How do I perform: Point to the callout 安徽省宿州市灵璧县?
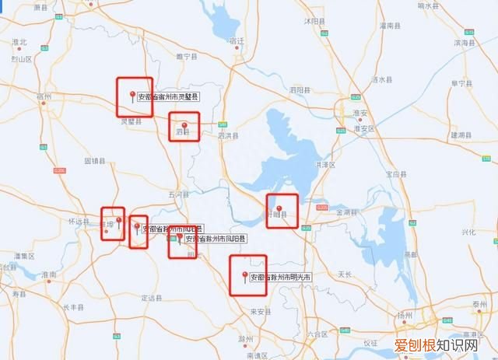point(169,98)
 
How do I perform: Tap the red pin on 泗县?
point(184,126)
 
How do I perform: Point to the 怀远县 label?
point(80,221)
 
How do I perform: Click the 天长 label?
point(345,274)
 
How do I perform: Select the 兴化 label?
point(468,232)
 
